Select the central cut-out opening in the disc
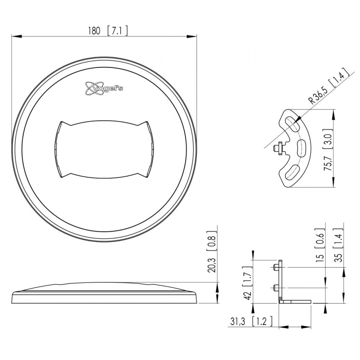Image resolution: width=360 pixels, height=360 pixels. click(104, 150)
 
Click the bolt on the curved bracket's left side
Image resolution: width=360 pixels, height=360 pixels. click(278, 148)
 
